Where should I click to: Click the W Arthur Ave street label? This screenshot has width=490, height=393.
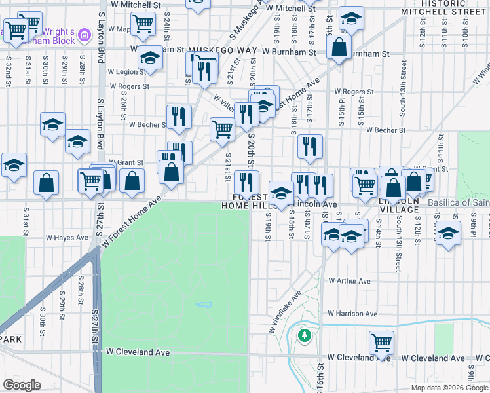349,281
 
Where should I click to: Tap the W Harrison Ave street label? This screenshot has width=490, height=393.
352,314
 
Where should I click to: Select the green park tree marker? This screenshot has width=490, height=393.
303,335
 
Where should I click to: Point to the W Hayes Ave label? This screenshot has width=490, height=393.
66,238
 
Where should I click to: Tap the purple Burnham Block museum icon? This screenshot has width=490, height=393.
84,35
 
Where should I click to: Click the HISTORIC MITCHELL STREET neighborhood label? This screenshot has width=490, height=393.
453,7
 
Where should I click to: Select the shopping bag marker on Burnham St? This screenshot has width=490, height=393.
339,47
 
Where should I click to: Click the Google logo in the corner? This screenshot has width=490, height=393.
22,385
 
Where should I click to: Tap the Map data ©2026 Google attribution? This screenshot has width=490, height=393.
449,388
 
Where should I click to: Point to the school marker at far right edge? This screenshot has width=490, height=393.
448,233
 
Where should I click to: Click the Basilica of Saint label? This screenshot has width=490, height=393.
459,202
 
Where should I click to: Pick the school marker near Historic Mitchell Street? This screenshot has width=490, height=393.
352,18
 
